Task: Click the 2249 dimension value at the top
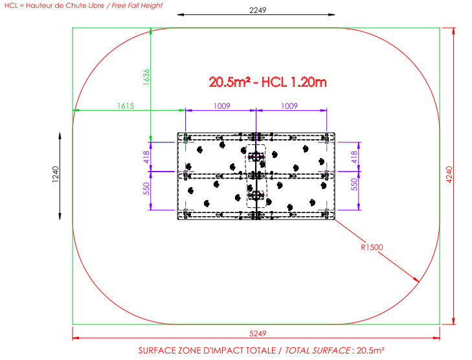coord(258,10)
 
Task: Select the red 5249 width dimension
coord(258,333)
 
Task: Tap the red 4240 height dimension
coord(449,175)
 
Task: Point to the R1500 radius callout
coord(372,247)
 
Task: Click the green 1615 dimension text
coord(126,106)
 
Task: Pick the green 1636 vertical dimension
coord(146,77)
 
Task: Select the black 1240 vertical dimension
coord(56,174)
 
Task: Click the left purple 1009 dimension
coord(222,106)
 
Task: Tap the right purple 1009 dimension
coord(289,106)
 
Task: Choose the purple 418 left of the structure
coord(146,157)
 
